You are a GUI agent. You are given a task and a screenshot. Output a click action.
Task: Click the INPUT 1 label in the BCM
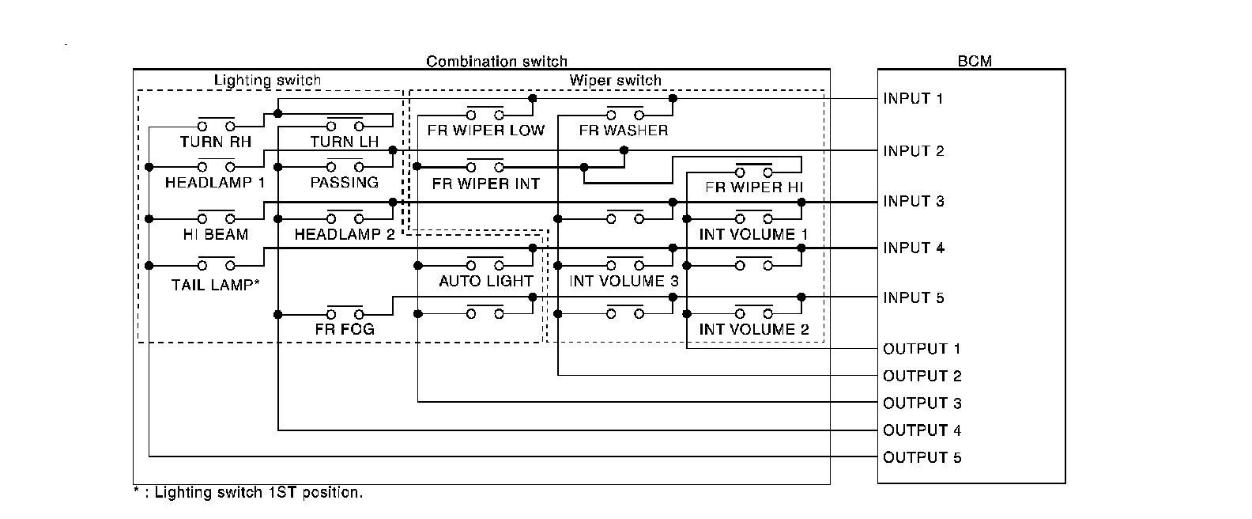pyautogui.click(x=913, y=99)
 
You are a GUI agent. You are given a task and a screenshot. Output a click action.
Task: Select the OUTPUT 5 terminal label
pyautogui.click(x=922, y=457)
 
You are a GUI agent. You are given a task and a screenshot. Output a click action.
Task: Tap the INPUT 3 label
pyautogui.click(x=913, y=201)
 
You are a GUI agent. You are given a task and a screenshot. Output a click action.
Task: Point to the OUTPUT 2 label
pyautogui.click(x=922, y=376)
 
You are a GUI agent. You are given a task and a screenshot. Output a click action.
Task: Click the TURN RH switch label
pyautogui.click(x=215, y=142)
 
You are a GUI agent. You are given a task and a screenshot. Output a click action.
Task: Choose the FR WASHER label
pyautogui.click(x=623, y=131)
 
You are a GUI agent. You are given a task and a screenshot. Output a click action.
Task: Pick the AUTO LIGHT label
pyautogui.click(x=485, y=281)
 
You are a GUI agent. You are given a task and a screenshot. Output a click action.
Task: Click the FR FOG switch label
pyautogui.click(x=344, y=329)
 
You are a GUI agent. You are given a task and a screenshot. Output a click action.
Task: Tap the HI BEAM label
pyautogui.click(x=215, y=234)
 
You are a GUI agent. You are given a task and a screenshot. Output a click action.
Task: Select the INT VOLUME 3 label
pyautogui.click(x=623, y=281)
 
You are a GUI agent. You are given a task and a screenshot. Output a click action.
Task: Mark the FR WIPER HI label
pyautogui.click(x=754, y=188)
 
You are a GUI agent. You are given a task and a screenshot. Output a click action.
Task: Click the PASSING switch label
pyautogui.click(x=344, y=183)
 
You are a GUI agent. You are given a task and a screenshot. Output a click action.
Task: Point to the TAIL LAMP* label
pyautogui.click(x=215, y=285)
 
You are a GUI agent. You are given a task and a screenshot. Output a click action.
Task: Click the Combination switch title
pyautogui.click(x=496, y=61)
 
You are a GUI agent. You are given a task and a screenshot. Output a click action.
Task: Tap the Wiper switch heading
pyautogui.click(x=615, y=80)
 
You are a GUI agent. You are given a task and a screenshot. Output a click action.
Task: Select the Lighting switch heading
pyautogui.click(x=267, y=80)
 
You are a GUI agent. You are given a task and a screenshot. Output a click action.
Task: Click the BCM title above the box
pyautogui.click(x=974, y=61)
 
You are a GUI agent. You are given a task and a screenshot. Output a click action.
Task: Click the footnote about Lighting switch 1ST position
pyautogui.click(x=248, y=492)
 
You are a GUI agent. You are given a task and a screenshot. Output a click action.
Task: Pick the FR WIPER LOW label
pyautogui.click(x=485, y=131)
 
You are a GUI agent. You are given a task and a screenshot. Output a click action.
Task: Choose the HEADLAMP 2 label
pyautogui.click(x=344, y=234)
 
